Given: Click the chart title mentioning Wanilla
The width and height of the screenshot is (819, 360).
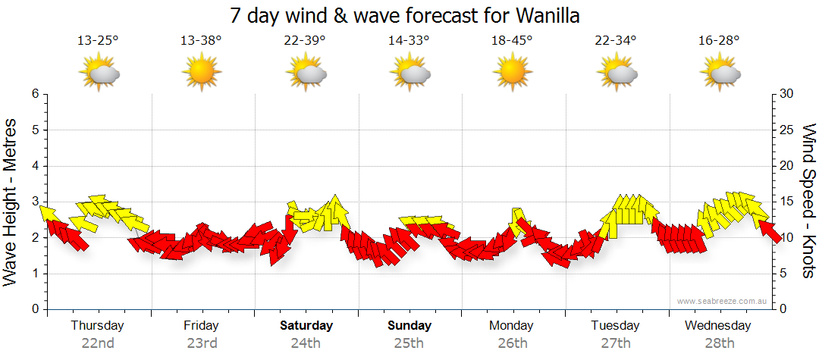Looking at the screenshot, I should (409, 16).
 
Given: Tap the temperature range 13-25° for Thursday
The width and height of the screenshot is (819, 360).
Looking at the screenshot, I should (98, 41).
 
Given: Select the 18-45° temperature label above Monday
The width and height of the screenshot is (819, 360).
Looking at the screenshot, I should (512, 41).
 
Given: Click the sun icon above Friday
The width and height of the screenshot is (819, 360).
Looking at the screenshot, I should (201, 74).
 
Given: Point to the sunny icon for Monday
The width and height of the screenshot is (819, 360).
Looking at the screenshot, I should (512, 74).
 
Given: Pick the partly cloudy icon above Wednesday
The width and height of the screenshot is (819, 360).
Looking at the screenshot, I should (720, 74).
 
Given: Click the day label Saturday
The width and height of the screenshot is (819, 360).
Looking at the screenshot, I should (306, 326).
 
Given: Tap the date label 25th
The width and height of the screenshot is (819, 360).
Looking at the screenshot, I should (409, 343).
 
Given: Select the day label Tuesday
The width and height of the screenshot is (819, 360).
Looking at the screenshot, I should (616, 326).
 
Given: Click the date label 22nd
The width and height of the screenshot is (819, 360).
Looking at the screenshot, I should (98, 343).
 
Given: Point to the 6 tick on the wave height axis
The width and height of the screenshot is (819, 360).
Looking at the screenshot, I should (35, 94).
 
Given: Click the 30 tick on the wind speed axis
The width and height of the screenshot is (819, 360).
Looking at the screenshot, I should (786, 94).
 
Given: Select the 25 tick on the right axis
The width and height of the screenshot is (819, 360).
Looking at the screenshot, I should (786, 130).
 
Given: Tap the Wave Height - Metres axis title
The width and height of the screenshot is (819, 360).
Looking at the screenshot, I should (11, 202).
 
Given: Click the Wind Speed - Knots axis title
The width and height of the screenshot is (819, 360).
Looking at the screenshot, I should (808, 202).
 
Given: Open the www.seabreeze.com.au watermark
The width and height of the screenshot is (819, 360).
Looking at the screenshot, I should (723, 301).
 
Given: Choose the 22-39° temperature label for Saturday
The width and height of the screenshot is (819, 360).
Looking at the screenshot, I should (306, 41).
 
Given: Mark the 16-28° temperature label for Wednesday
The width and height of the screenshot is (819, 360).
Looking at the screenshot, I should (719, 41).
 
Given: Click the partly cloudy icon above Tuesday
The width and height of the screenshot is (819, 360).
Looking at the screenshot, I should (617, 74).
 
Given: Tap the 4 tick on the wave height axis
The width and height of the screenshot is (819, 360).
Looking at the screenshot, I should (35, 166).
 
